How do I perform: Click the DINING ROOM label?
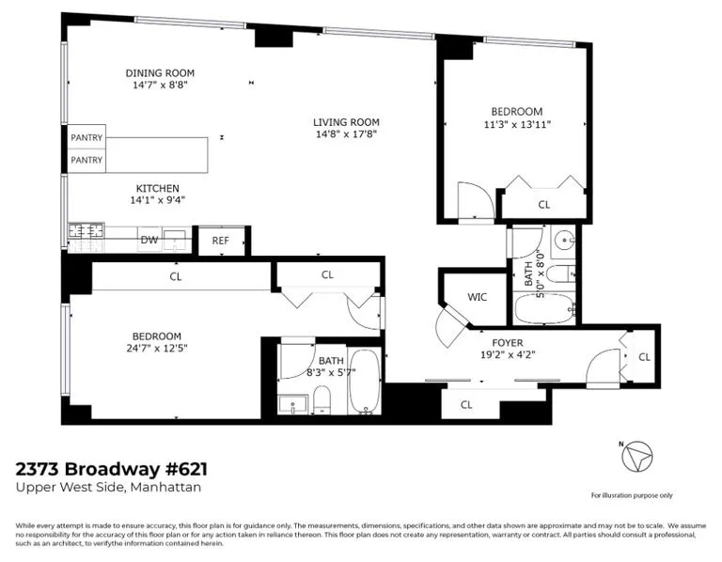(x=161, y=73)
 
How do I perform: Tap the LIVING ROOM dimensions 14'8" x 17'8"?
(x=346, y=133)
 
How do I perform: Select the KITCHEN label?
(x=157, y=188)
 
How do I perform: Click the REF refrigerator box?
(x=221, y=241)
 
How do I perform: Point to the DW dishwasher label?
(x=149, y=240)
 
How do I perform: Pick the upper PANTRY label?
(x=86, y=137)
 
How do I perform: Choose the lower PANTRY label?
(x=86, y=161)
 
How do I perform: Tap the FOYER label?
(x=507, y=343)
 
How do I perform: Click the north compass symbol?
(x=636, y=458)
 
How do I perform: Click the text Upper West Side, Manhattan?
(x=109, y=487)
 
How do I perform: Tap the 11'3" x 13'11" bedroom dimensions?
(x=517, y=123)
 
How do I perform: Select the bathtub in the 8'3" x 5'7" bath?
(x=364, y=384)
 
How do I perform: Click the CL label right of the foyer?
(x=644, y=357)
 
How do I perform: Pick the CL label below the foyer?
(x=466, y=405)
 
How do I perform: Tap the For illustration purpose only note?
(x=632, y=495)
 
